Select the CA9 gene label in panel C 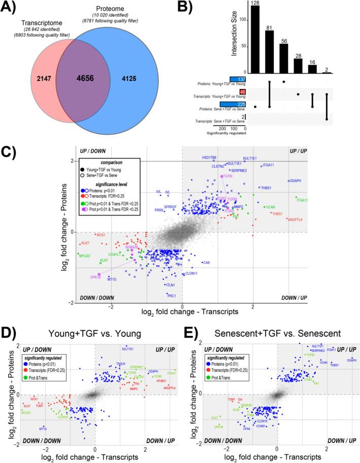(x=206, y=263)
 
